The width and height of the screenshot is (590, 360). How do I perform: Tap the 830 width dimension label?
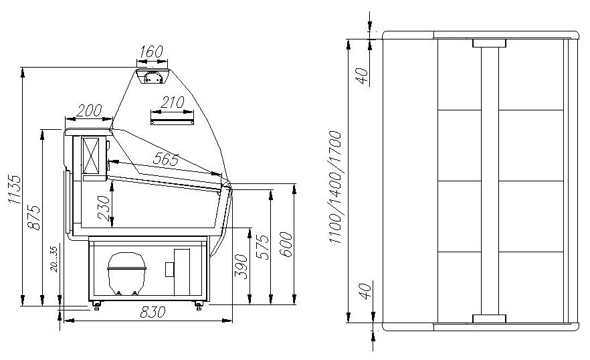153,312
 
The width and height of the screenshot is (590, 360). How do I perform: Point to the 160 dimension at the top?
151,52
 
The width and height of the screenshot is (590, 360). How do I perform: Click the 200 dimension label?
89,110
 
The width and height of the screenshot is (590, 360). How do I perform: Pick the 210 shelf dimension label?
173,102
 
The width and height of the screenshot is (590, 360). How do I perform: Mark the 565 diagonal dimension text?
166,160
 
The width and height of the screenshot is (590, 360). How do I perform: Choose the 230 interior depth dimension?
104,208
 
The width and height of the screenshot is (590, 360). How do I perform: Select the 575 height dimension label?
262,247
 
